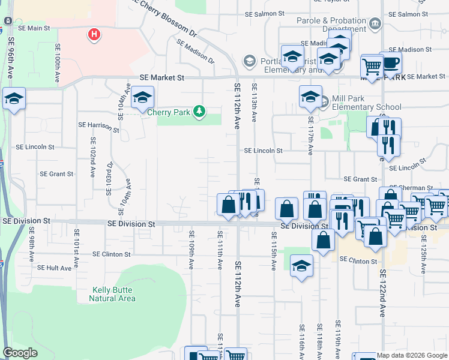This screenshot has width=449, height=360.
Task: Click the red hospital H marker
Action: [x=94, y=35]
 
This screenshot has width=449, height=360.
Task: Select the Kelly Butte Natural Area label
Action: [x=113, y=294]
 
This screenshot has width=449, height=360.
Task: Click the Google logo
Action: [x=20, y=353]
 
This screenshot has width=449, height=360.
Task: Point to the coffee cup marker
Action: [x=391, y=62]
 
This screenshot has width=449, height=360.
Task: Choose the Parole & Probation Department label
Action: [x=331, y=25]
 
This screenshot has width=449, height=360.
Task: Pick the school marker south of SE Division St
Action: [x=301, y=265]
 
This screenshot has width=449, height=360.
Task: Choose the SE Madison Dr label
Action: [x=195, y=51]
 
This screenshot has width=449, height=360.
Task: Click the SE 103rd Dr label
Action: [x=109, y=178]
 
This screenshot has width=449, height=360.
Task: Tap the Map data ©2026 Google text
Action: [x=412, y=355]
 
